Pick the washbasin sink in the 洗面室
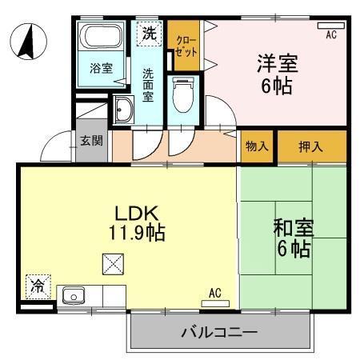pos(124,111)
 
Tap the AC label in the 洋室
pos(330,34)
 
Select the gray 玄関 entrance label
pos(90,142)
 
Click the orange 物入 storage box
pos(258,146)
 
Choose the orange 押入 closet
pos(311,146)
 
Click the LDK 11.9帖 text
pos(138,223)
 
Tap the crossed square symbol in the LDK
pos(112,263)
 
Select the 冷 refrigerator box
pos(37,285)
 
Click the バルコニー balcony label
pos(218,331)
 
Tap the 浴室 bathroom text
pos(101,69)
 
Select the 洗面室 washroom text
pos(148,83)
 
